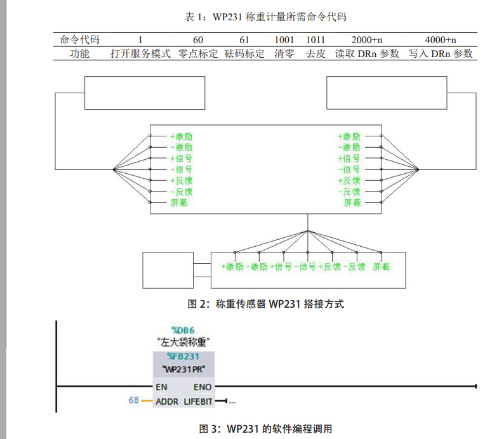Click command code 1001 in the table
point(284,41)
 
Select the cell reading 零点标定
point(198,54)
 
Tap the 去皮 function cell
point(316,54)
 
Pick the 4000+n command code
point(441,41)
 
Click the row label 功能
point(79,54)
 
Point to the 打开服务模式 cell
point(141,54)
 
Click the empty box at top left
point(145,93)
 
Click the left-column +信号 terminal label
point(181,158)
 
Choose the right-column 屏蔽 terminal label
point(352,203)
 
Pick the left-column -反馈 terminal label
point(181,192)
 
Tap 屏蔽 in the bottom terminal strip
point(381,267)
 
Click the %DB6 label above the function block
point(184,330)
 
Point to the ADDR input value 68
point(133,401)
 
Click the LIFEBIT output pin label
point(199,402)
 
